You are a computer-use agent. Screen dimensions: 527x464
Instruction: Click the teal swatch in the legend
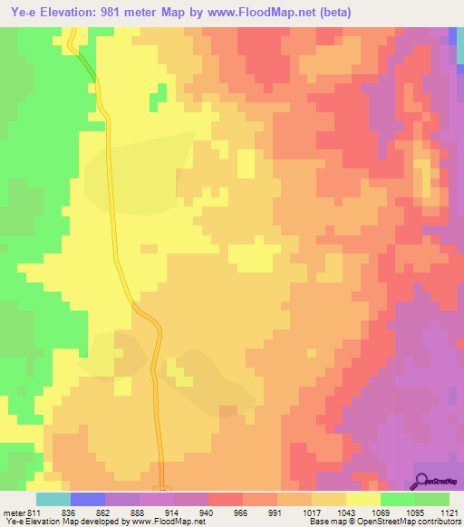[x=53, y=499]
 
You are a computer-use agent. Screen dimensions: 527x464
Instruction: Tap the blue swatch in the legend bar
[x=87, y=499]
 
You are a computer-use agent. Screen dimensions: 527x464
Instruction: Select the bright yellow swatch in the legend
[x=362, y=499]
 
